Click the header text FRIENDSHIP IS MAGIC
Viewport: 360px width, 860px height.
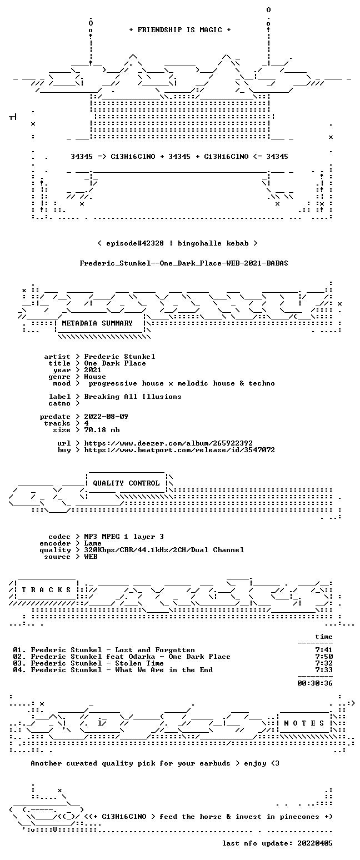point(179,30)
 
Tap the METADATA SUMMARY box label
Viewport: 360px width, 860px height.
point(97,323)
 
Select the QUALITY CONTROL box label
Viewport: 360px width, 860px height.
point(126,483)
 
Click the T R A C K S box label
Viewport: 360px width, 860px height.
point(47,590)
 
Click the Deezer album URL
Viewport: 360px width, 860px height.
point(168,443)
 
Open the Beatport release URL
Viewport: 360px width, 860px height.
point(179,450)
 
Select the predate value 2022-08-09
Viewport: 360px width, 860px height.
point(106,417)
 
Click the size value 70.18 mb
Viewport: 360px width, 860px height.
point(102,430)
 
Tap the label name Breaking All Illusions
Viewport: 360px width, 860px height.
point(133,397)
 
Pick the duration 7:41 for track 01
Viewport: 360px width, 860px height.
point(324,650)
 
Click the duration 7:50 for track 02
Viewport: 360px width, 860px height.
point(324,657)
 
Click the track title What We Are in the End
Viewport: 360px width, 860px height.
point(164,670)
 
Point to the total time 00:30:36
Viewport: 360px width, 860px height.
point(315,683)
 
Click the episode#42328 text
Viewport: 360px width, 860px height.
point(135,243)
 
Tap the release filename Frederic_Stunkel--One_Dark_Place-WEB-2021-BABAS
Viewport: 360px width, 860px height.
point(184,263)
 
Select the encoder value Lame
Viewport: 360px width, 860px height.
point(93,543)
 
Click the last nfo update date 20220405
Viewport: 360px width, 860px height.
point(315,843)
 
